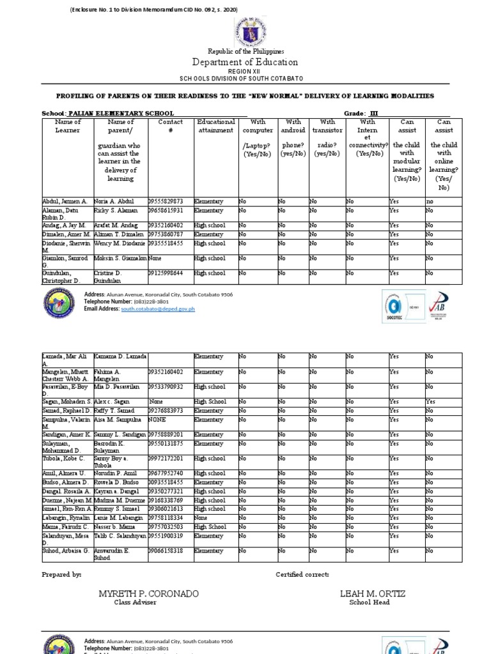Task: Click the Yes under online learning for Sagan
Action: [432, 402]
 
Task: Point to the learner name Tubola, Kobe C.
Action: [65, 459]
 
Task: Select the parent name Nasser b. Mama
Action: [116, 527]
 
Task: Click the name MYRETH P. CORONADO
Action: [148, 594]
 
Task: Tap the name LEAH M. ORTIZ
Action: [373, 594]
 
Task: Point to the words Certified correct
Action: [302, 575]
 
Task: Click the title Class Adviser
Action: [135, 603]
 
